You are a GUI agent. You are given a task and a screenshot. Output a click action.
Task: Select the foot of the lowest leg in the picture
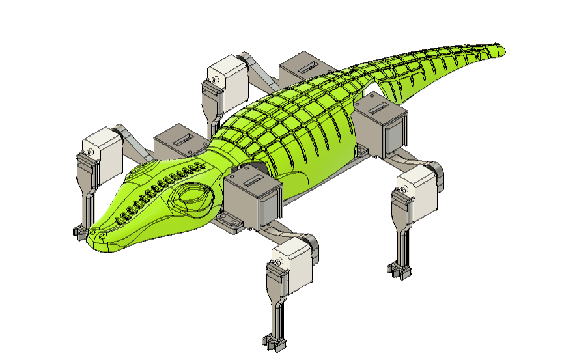pos(274,340)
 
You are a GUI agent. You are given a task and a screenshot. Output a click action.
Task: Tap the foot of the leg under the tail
pos(399,268)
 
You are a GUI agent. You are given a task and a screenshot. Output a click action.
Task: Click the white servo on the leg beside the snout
pos(104,149)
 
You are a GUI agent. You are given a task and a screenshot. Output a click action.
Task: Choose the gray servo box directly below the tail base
pos(382,127)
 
